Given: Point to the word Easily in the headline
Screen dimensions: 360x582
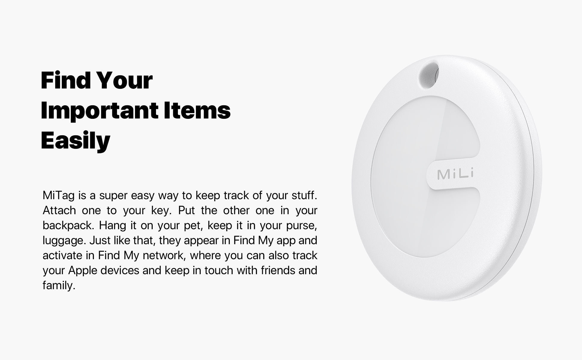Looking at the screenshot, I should (76, 140).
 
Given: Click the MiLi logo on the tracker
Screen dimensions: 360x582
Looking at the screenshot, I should (455, 174).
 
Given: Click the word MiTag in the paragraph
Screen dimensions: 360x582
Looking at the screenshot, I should (58, 196).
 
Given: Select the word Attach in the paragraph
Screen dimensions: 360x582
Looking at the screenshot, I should (59, 211).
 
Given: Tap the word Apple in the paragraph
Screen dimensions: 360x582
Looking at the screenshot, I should (83, 271).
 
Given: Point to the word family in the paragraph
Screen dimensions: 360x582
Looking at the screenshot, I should (58, 286).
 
